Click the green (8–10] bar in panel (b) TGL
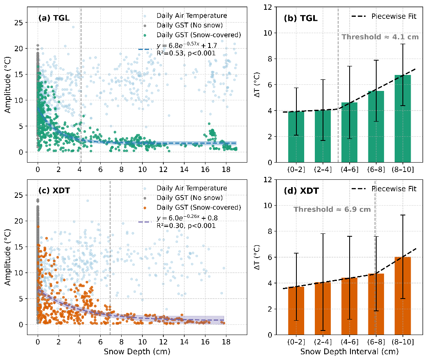[402, 119]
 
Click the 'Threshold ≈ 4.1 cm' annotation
[380, 37]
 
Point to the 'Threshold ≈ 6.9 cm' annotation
[332, 209]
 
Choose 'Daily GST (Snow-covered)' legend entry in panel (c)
[198, 207]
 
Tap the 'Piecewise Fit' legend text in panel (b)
[393, 16]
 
